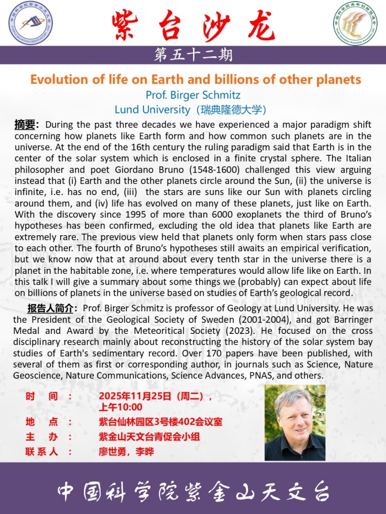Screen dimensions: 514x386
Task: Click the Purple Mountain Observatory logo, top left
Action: click(x=31, y=23)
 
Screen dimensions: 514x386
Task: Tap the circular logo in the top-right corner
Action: click(x=355, y=23)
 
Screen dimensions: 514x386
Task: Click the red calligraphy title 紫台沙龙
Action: click(x=192, y=25)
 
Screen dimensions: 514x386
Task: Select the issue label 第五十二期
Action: click(x=193, y=55)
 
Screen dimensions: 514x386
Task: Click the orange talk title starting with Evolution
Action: click(x=195, y=79)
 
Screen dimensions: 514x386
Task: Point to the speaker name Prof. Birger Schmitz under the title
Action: click(x=193, y=95)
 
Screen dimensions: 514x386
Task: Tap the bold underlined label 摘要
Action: click(x=25, y=125)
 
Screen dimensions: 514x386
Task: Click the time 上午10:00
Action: click(x=120, y=408)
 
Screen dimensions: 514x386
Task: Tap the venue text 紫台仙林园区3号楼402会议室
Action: click(x=160, y=422)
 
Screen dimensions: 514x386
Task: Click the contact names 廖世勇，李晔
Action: click(x=126, y=452)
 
